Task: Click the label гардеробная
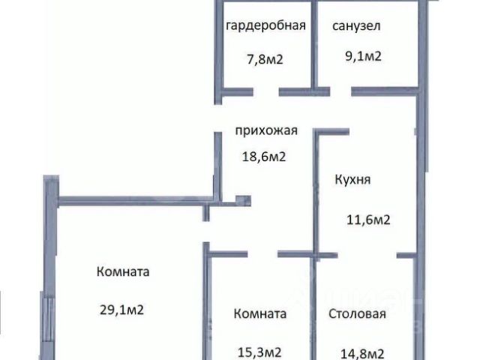(265, 25)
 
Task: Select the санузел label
(356, 25)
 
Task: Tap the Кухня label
(352, 180)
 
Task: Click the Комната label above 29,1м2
(123, 272)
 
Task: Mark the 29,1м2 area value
(121, 308)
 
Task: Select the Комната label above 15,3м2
(259, 314)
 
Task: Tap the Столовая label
(357, 314)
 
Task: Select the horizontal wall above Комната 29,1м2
(127, 200)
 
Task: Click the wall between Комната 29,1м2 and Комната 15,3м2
(205, 307)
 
